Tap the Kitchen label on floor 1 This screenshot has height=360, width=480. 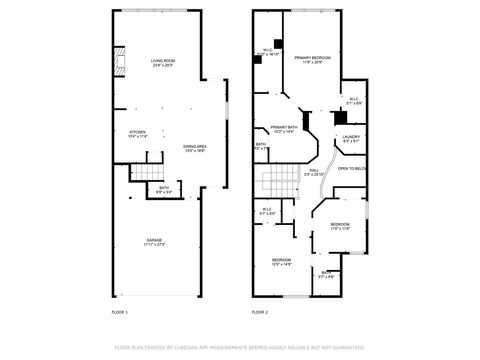138,134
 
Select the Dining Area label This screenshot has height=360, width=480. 194,149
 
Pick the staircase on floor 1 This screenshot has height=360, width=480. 146,173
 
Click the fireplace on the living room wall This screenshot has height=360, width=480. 119,62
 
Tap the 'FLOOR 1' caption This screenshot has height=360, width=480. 119,312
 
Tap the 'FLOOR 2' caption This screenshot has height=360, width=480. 259,312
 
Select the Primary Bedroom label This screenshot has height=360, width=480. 312,60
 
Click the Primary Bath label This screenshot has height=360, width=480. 284,129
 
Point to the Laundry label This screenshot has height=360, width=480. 350,138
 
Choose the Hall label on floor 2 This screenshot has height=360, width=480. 313,172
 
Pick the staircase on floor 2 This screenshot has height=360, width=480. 277,183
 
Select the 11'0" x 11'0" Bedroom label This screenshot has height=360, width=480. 340,226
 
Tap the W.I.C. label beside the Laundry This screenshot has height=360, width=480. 353,100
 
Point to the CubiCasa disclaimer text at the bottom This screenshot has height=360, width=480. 240,347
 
